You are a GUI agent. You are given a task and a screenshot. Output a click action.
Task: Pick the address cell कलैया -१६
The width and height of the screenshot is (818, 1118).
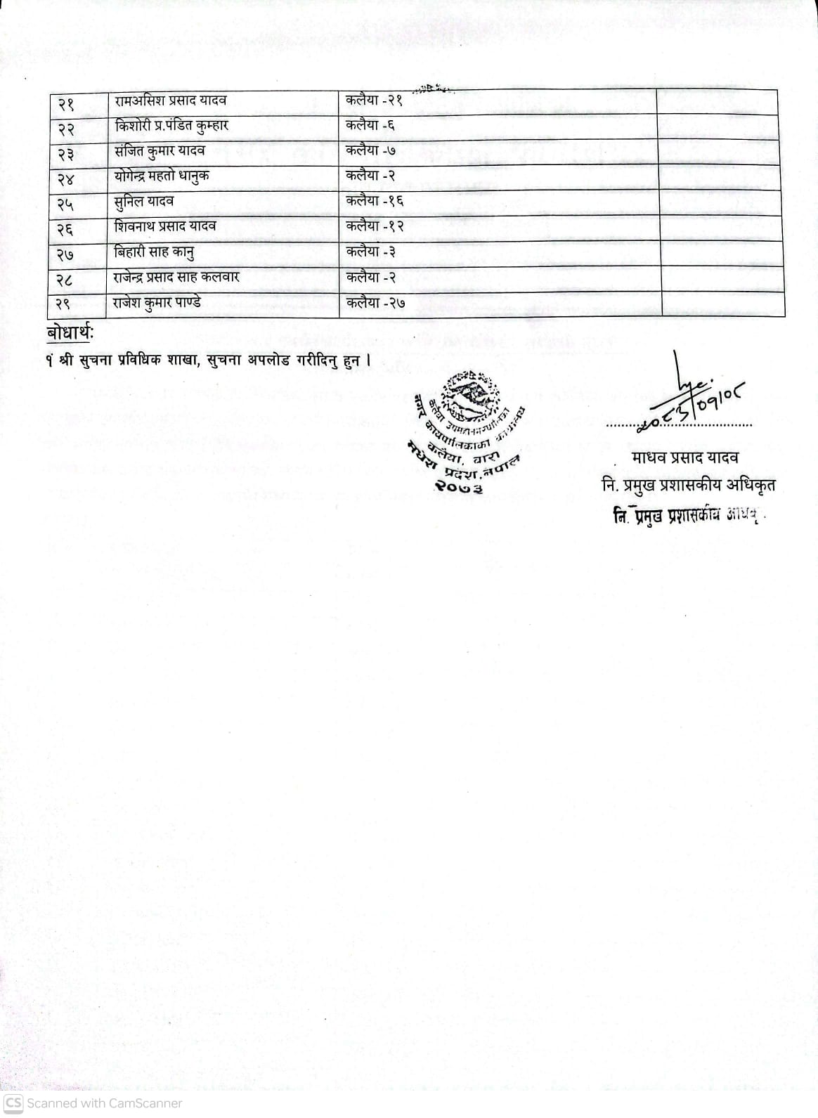point(375,202)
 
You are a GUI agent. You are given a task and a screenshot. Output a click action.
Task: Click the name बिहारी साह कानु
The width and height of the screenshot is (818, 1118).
point(154,252)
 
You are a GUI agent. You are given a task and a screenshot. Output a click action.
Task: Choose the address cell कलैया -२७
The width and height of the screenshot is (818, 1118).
point(375,304)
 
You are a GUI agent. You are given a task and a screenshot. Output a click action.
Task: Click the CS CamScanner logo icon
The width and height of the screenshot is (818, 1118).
point(13,1103)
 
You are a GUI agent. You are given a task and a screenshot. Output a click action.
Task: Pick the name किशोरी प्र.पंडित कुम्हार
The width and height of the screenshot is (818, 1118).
point(171,126)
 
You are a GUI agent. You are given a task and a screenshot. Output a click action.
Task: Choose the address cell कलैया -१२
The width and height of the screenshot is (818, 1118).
point(375,227)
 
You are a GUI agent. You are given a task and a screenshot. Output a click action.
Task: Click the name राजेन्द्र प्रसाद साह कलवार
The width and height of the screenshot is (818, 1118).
point(176,278)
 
